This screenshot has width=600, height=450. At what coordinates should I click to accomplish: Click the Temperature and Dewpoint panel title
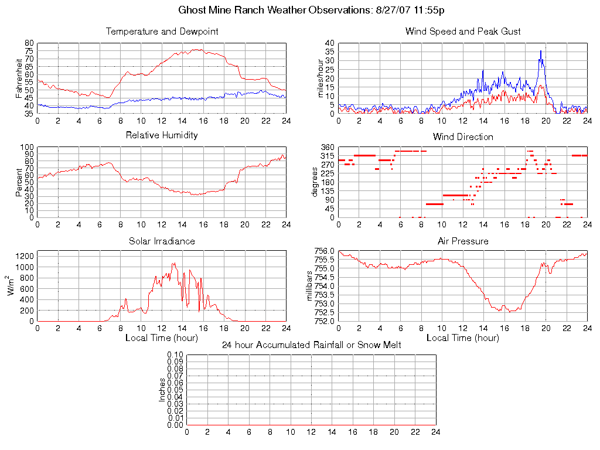[162, 32]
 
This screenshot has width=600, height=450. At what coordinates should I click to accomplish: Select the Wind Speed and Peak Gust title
[463, 32]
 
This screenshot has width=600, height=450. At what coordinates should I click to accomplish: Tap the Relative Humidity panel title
[162, 135]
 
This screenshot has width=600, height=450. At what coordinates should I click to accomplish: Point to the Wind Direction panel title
[463, 137]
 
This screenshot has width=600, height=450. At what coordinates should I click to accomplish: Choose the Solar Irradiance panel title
[162, 241]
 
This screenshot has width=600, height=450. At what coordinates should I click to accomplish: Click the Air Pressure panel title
[463, 241]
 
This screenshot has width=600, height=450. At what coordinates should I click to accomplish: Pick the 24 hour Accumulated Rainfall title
[311, 345]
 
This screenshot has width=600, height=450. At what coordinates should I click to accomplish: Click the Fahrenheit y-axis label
[19, 78]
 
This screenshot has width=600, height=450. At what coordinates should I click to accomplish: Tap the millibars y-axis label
[311, 286]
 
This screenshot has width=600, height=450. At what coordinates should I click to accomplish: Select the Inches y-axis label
[162, 390]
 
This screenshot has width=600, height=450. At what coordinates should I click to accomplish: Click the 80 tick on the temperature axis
[29, 43]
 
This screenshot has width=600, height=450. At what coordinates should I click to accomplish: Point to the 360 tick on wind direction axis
[328, 147]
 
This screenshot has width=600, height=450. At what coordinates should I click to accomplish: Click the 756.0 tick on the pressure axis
[324, 251]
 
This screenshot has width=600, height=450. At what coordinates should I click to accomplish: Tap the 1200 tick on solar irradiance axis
[25, 255]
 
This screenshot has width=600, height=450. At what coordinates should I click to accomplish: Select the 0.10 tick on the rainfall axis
[175, 355]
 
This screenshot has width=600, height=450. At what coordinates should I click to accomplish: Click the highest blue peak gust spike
[541, 51]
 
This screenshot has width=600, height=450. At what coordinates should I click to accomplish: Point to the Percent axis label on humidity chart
[19, 182]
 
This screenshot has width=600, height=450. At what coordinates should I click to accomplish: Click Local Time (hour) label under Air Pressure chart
[463, 338]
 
